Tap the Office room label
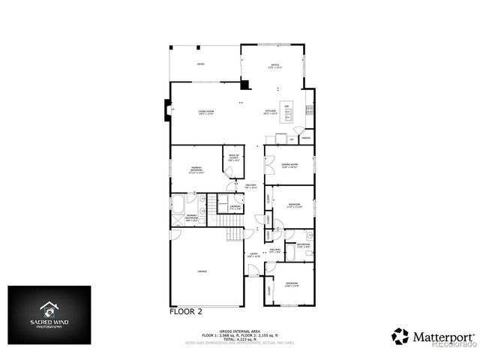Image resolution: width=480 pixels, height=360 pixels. (x=274, y=67)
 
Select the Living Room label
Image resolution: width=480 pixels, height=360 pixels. (x=206, y=113)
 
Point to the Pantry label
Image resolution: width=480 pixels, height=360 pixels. (x=306, y=139)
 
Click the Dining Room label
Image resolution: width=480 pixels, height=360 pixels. (x=290, y=165)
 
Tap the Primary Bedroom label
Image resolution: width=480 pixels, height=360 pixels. (x=196, y=169)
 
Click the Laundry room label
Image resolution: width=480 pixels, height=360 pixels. (x=235, y=207)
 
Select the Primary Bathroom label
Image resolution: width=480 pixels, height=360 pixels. (x=192, y=218)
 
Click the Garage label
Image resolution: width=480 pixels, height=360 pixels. (x=202, y=271)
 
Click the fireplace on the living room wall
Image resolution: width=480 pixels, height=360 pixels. (x=166, y=111)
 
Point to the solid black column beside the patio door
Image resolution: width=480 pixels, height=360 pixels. (x=244, y=84)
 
